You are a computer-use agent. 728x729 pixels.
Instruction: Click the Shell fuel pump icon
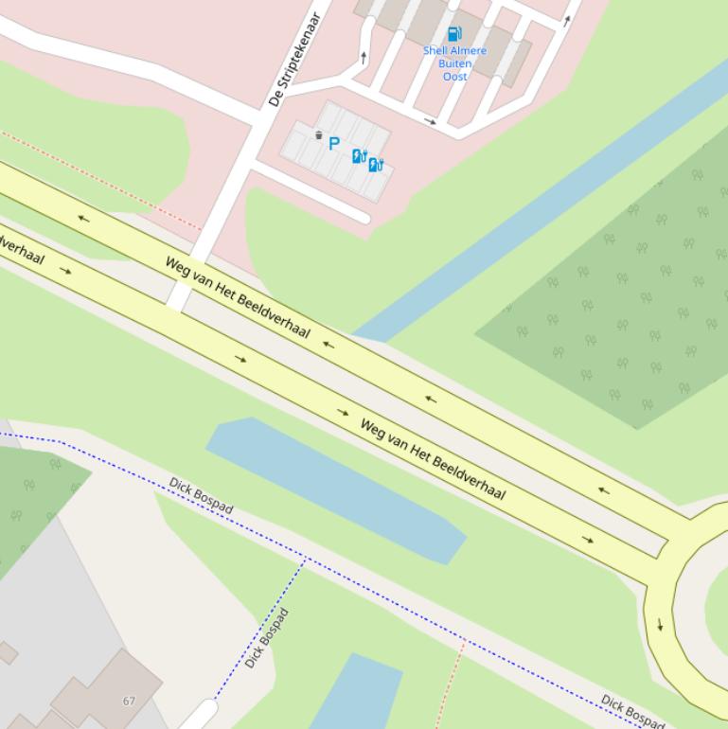coord(454,34)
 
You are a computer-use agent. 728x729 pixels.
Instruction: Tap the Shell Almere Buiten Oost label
coord(454,63)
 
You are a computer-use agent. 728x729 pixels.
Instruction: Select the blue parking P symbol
coord(333,144)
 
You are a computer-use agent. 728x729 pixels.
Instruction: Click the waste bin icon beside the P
coord(318,135)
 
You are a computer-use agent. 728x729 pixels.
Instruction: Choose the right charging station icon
coord(376,165)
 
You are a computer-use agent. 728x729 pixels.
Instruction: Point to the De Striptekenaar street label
coord(295,59)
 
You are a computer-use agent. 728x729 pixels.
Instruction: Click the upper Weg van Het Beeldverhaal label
coord(238,296)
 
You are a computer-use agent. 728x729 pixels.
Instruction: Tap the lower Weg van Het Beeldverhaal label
coord(433,458)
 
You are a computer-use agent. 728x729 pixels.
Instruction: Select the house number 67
coord(129,701)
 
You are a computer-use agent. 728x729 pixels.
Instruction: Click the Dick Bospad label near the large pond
coord(201,496)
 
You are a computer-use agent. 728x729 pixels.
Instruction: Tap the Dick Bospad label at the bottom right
coord(632,712)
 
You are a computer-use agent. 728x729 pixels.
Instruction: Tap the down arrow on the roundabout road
coord(660,624)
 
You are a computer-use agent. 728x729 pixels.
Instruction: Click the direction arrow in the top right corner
coord(568,19)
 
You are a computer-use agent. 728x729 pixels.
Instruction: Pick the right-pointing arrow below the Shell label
coord(431,121)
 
